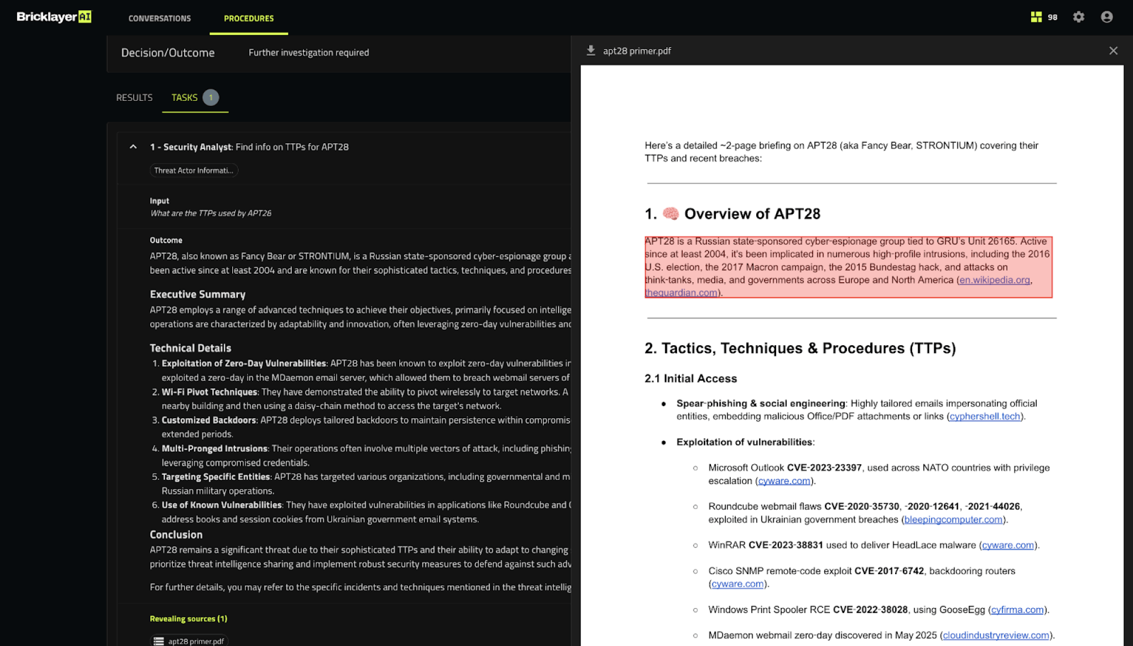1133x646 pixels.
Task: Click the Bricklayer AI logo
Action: pos(54,17)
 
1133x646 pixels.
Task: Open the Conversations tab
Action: pos(160,18)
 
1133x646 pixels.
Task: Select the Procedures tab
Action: pos(249,18)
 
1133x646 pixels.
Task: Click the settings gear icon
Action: pos(1079,17)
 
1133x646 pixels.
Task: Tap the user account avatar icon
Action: pos(1106,17)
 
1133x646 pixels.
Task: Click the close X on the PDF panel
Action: pos(1113,51)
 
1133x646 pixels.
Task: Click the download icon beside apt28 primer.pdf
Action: pos(591,51)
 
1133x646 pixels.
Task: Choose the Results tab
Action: pos(134,97)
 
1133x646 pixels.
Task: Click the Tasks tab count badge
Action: pos(211,97)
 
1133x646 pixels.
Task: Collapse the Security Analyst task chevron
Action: pos(133,147)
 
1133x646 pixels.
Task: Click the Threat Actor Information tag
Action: pos(194,171)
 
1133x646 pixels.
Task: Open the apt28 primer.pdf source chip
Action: pos(189,641)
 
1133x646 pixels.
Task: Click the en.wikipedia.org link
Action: pos(994,280)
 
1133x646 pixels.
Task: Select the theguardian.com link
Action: pos(681,293)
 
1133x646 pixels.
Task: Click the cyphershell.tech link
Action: pos(985,416)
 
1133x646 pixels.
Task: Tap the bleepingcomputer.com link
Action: pos(953,520)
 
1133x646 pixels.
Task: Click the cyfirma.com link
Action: pos(1017,610)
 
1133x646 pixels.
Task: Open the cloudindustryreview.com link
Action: pos(996,635)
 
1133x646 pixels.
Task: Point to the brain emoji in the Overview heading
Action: pos(671,214)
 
